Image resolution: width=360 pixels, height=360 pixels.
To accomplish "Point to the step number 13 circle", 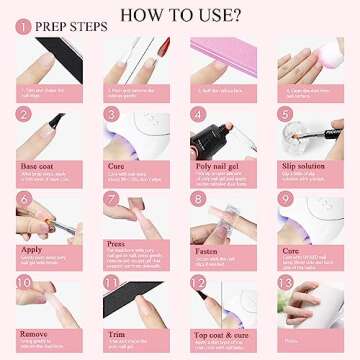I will [x=284, y=284].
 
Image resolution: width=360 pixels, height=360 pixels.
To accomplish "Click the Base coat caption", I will [x=37, y=165].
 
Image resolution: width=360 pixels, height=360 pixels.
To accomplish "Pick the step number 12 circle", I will [x=197, y=284].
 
